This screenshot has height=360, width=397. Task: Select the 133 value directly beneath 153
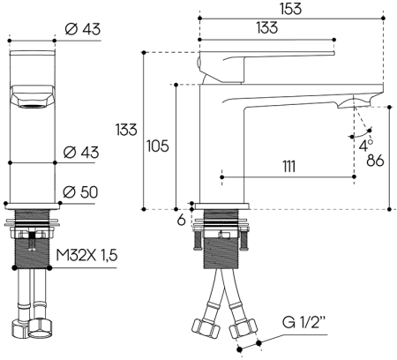268,28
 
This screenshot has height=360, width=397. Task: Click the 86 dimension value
375,161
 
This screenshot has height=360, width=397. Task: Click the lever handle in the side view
238,64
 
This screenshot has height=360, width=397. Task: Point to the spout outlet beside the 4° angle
349,106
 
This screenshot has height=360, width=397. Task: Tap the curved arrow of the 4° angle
357,135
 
